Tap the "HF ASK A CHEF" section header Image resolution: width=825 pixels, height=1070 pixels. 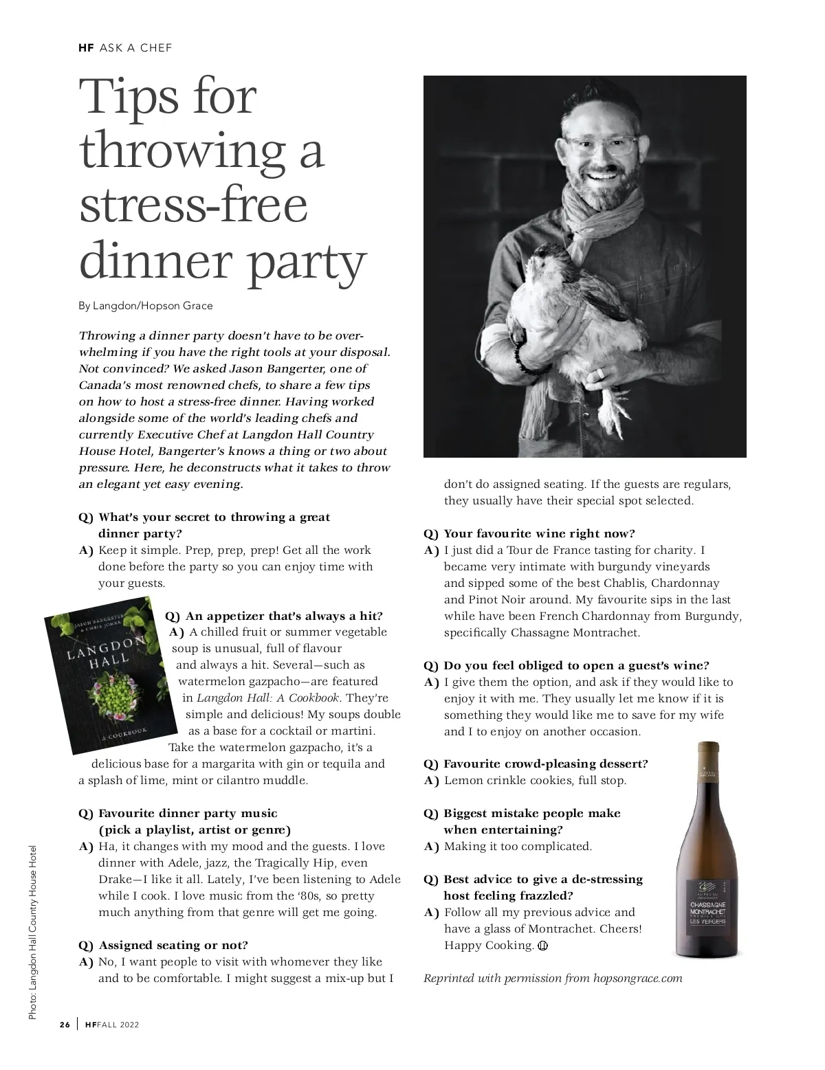tap(125, 48)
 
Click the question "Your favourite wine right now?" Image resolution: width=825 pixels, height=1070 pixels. tap(539, 533)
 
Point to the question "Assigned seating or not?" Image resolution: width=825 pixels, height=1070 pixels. tap(173, 945)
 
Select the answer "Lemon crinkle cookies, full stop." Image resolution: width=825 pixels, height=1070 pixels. tap(535, 780)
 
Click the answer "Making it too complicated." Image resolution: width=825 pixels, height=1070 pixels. tap(518, 846)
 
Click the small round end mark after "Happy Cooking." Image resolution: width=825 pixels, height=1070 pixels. tap(542, 946)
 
